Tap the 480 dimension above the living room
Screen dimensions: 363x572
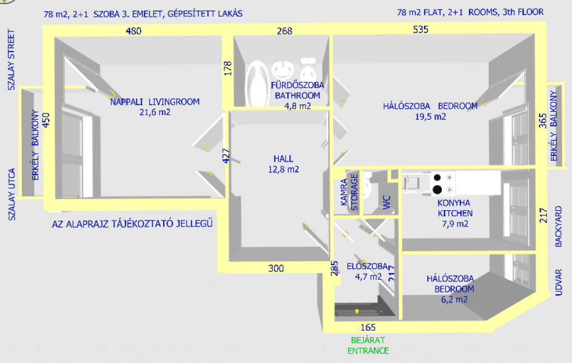[133, 31]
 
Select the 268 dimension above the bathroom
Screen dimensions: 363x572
[284, 31]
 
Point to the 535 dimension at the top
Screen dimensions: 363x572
[420, 30]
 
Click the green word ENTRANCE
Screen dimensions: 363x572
[368, 351]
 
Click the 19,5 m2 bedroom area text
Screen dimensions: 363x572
[430, 116]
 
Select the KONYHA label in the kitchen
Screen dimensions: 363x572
[454, 203]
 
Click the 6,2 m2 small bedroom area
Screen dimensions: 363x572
[454, 299]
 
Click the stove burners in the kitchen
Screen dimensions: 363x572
[438, 183]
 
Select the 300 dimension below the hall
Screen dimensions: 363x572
[276, 268]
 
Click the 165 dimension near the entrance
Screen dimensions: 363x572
[368, 327]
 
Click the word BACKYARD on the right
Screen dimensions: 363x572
[559, 227]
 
